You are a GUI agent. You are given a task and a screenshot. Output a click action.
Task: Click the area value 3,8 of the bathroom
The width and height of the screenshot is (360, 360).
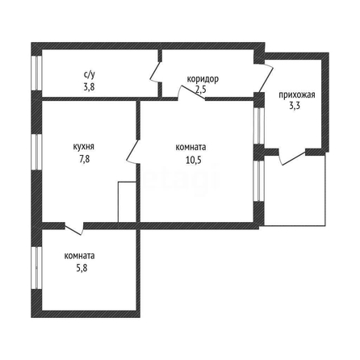tap(89, 87)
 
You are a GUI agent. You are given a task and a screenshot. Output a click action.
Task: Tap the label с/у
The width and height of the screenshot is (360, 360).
tap(89, 74)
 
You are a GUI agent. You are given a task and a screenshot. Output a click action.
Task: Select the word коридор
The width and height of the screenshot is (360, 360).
tap(203, 79)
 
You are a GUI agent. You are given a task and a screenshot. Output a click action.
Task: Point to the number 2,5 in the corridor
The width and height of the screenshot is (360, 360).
tap(201, 90)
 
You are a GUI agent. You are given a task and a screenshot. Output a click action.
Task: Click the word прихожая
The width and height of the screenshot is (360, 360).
tap(297, 95)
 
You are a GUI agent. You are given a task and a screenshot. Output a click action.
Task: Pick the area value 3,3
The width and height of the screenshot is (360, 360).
tap(295, 106)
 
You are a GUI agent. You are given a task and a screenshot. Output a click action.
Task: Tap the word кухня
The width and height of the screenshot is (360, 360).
tap(83, 147)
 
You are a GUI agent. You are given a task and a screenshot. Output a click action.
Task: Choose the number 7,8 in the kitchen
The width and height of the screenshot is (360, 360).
tap(84, 159)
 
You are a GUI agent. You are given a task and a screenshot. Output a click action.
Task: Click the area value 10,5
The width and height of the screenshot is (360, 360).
tap(193, 160)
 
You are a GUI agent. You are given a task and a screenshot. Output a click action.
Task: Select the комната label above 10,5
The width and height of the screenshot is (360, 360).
tap(190, 148)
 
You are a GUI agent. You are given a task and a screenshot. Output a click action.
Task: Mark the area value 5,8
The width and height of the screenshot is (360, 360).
tap(82, 268)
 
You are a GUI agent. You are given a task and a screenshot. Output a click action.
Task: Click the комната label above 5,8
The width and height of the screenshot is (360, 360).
tap(79, 256)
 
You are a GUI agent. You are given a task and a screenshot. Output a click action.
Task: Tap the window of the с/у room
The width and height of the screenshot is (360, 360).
tap(37, 73)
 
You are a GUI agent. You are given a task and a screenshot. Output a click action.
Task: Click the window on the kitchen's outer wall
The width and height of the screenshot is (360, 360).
tap(37, 152)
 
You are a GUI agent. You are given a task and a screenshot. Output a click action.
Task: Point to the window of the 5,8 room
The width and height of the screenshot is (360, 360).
tap(37, 268)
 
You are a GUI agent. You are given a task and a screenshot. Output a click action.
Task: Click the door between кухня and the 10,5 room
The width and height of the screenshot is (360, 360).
tap(133, 152)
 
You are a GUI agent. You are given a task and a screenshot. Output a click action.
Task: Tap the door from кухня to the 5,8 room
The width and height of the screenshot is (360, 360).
tap(73, 228)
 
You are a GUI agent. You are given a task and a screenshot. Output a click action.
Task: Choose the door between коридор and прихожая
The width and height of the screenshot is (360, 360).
tap(265, 77)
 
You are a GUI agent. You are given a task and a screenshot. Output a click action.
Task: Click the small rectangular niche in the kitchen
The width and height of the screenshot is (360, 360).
tap(127, 202)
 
